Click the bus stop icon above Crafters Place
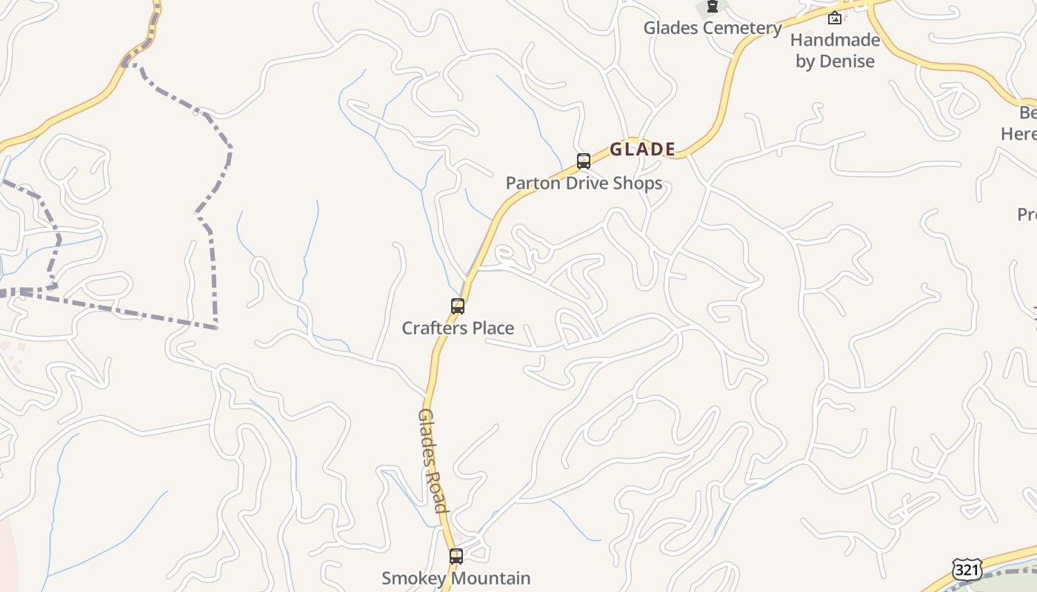[458, 306]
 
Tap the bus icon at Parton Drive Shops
[584, 161]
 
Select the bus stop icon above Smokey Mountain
[456, 556]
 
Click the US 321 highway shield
[968, 570]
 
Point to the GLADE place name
[642, 149]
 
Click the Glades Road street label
[433, 460]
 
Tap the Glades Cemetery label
[713, 28]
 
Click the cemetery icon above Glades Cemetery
[713, 7]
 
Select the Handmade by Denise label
[835, 50]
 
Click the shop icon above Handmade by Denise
[835, 18]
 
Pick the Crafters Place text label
[458, 328]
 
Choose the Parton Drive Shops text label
[584, 183]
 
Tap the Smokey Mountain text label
[456, 578]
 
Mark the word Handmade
[835, 40]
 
